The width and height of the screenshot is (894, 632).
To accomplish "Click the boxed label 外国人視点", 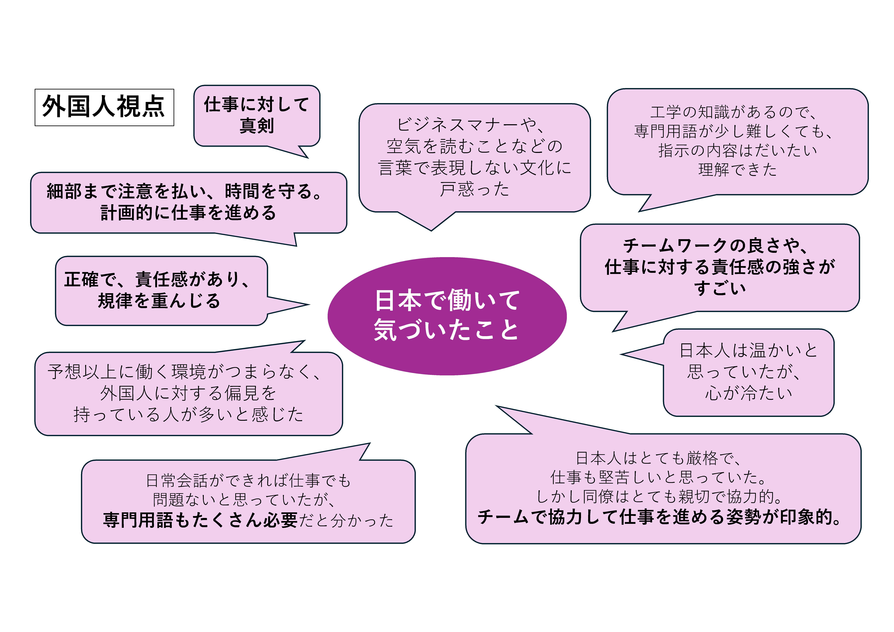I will pos(104,107).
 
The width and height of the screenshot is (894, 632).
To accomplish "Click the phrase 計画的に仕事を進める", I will pos(188,213).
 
